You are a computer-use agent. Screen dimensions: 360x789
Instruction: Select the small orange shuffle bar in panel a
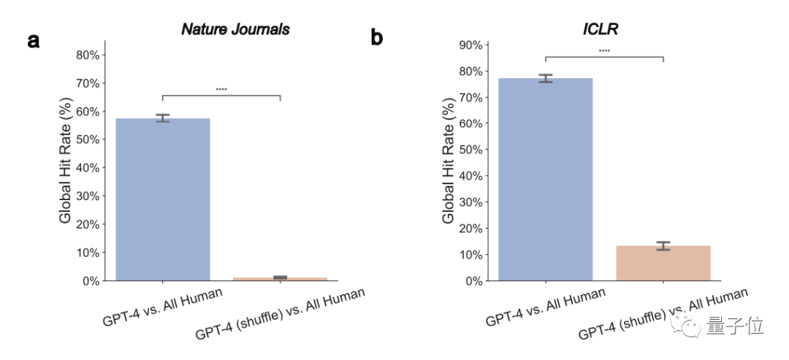pos(280,278)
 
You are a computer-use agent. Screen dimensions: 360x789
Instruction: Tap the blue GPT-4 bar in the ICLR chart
pos(545,179)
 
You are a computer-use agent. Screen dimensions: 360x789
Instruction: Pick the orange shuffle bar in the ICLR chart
pos(663,263)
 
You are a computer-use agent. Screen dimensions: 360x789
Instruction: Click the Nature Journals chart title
pos(235,30)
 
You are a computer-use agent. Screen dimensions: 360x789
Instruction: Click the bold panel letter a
pos(34,40)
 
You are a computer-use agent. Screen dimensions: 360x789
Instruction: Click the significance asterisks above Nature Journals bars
pos(221,90)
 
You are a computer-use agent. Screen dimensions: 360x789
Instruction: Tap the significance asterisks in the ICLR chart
pos(604,51)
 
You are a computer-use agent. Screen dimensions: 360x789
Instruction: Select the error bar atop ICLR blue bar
pos(545,78)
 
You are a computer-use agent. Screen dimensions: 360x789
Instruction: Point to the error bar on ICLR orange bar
pos(663,246)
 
